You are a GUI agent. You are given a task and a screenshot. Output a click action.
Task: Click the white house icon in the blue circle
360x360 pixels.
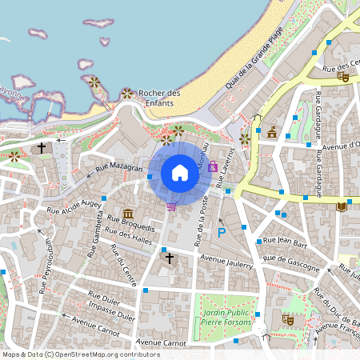180,172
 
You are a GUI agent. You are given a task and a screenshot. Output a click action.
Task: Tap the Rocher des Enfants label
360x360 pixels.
160,98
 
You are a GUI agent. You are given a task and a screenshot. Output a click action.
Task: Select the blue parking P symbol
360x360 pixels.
222,233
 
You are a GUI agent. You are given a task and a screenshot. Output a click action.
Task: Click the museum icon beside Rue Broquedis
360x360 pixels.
128,214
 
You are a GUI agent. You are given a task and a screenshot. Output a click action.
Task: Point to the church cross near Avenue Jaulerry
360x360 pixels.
168,258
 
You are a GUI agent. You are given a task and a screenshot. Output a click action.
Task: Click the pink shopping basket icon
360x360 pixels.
170,206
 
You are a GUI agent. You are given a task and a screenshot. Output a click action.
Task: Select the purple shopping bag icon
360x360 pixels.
212,167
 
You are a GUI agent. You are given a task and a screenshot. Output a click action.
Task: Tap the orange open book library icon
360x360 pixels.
342,206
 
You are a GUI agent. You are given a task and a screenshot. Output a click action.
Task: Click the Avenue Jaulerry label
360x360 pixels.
226,261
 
